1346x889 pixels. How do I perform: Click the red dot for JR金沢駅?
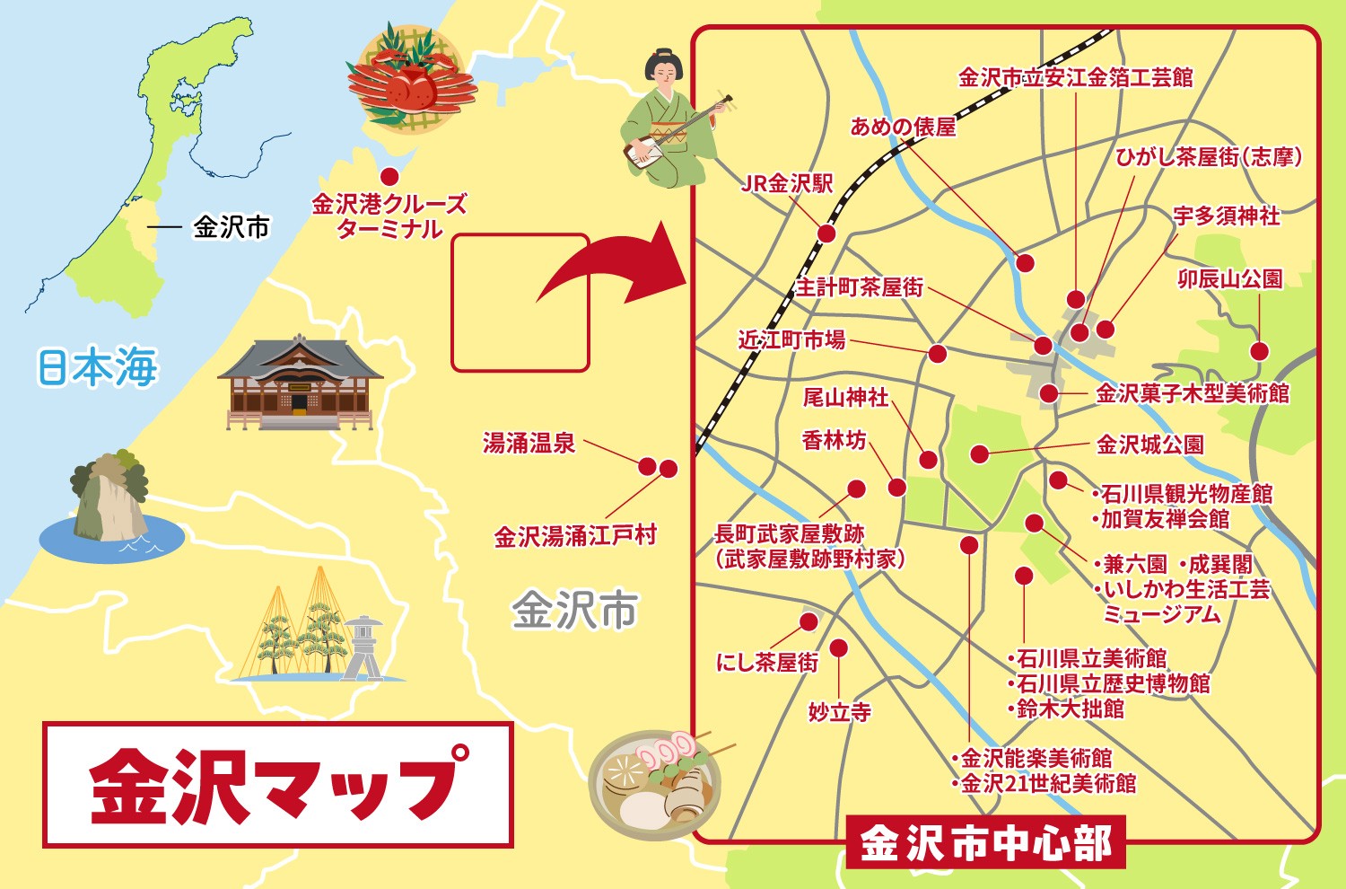826,233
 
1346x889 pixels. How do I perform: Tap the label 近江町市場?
791,339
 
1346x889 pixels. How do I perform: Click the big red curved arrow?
610,268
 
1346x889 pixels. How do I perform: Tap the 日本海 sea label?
97,366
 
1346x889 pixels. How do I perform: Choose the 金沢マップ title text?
278,784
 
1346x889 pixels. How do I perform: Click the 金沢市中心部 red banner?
985,842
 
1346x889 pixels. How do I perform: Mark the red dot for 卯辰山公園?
1260,351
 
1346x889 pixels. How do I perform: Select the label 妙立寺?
839,712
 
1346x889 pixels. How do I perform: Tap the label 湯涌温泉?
529,443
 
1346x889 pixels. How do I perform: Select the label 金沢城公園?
1149,444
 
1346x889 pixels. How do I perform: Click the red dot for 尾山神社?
929,461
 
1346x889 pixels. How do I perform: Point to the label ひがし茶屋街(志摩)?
1208,157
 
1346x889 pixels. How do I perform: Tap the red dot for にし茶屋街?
808,621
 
